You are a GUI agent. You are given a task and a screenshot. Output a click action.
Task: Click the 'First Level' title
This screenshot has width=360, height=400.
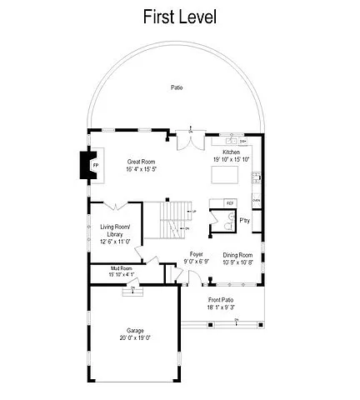(x=180, y=17)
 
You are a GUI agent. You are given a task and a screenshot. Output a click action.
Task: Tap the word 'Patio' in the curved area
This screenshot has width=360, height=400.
(x=177, y=87)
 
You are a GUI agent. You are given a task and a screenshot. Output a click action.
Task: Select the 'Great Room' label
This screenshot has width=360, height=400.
(x=139, y=161)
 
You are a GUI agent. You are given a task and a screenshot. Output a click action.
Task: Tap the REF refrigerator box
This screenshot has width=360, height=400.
(x=231, y=202)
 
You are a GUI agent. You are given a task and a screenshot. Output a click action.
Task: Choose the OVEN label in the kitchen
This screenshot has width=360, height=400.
(x=256, y=201)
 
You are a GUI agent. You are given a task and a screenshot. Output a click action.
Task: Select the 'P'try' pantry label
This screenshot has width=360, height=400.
(x=245, y=220)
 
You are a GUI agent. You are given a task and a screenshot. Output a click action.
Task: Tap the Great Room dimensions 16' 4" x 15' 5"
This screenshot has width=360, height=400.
(x=141, y=169)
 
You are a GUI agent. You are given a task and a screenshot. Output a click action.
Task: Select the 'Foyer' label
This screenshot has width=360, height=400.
(x=196, y=253)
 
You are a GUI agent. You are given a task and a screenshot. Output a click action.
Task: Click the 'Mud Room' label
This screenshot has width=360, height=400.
(x=122, y=267)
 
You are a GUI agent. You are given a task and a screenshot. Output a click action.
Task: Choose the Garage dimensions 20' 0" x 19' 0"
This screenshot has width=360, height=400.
(x=135, y=338)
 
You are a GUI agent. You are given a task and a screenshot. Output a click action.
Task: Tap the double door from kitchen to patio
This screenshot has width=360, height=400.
(x=192, y=139)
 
